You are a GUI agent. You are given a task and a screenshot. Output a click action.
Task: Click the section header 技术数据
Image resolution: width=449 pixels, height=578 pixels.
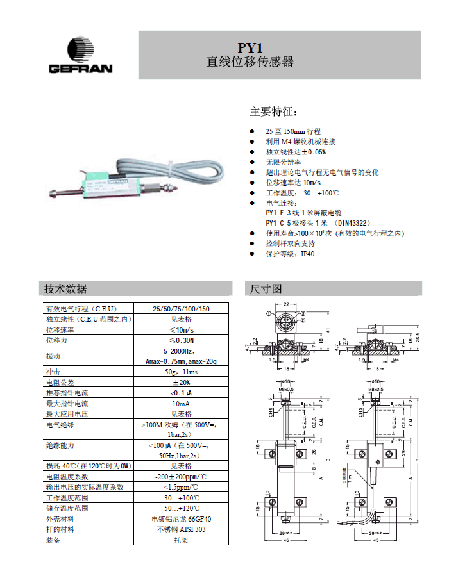click(66, 288)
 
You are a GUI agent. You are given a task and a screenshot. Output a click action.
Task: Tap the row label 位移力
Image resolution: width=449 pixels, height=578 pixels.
click(56, 340)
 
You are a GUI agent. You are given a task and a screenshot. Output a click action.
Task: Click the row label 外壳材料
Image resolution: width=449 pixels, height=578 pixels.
click(60, 519)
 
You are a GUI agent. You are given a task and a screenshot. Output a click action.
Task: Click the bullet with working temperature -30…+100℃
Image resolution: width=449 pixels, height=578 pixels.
click(301, 193)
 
